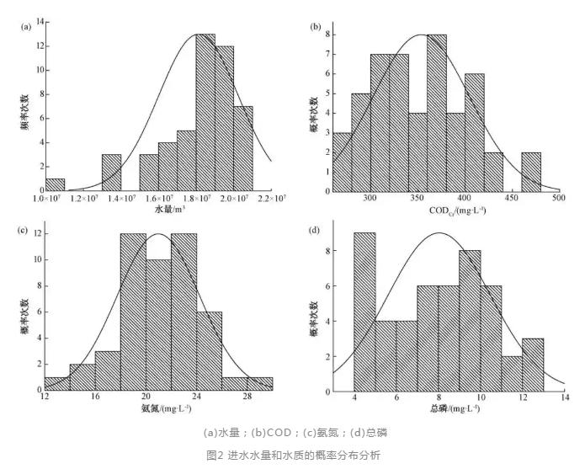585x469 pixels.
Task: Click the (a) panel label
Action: (x=26, y=25)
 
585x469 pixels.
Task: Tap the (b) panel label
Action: (x=316, y=27)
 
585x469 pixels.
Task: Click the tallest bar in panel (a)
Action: (x=205, y=109)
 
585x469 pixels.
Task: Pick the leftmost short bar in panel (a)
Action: (x=55, y=184)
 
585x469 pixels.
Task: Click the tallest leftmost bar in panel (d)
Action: (x=364, y=311)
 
